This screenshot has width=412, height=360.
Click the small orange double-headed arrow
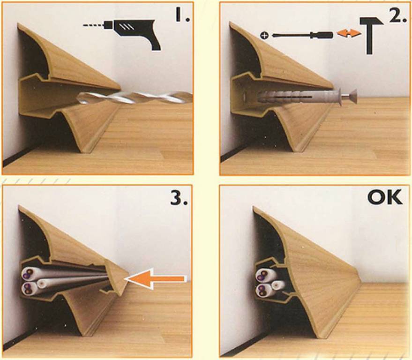tap(349, 33)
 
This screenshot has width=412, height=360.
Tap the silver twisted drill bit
tap(135, 98)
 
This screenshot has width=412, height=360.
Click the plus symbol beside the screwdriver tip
tap(265, 35)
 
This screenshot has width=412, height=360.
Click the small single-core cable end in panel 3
tap(42, 284)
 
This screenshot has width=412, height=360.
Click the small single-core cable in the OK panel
tap(277, 285)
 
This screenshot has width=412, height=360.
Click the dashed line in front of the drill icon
tap(94, 25)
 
